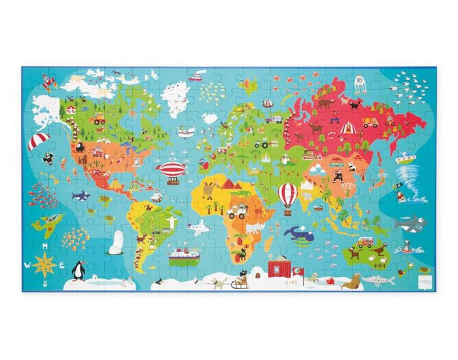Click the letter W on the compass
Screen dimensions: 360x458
click(x=27, y=265)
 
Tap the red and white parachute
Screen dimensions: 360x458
click(x=39, y=140)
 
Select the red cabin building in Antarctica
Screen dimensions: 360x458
click(x=280, y=268)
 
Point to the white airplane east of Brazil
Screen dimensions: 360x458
click(x=196, y=227)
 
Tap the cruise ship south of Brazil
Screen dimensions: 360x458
click(x=183, y=254)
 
